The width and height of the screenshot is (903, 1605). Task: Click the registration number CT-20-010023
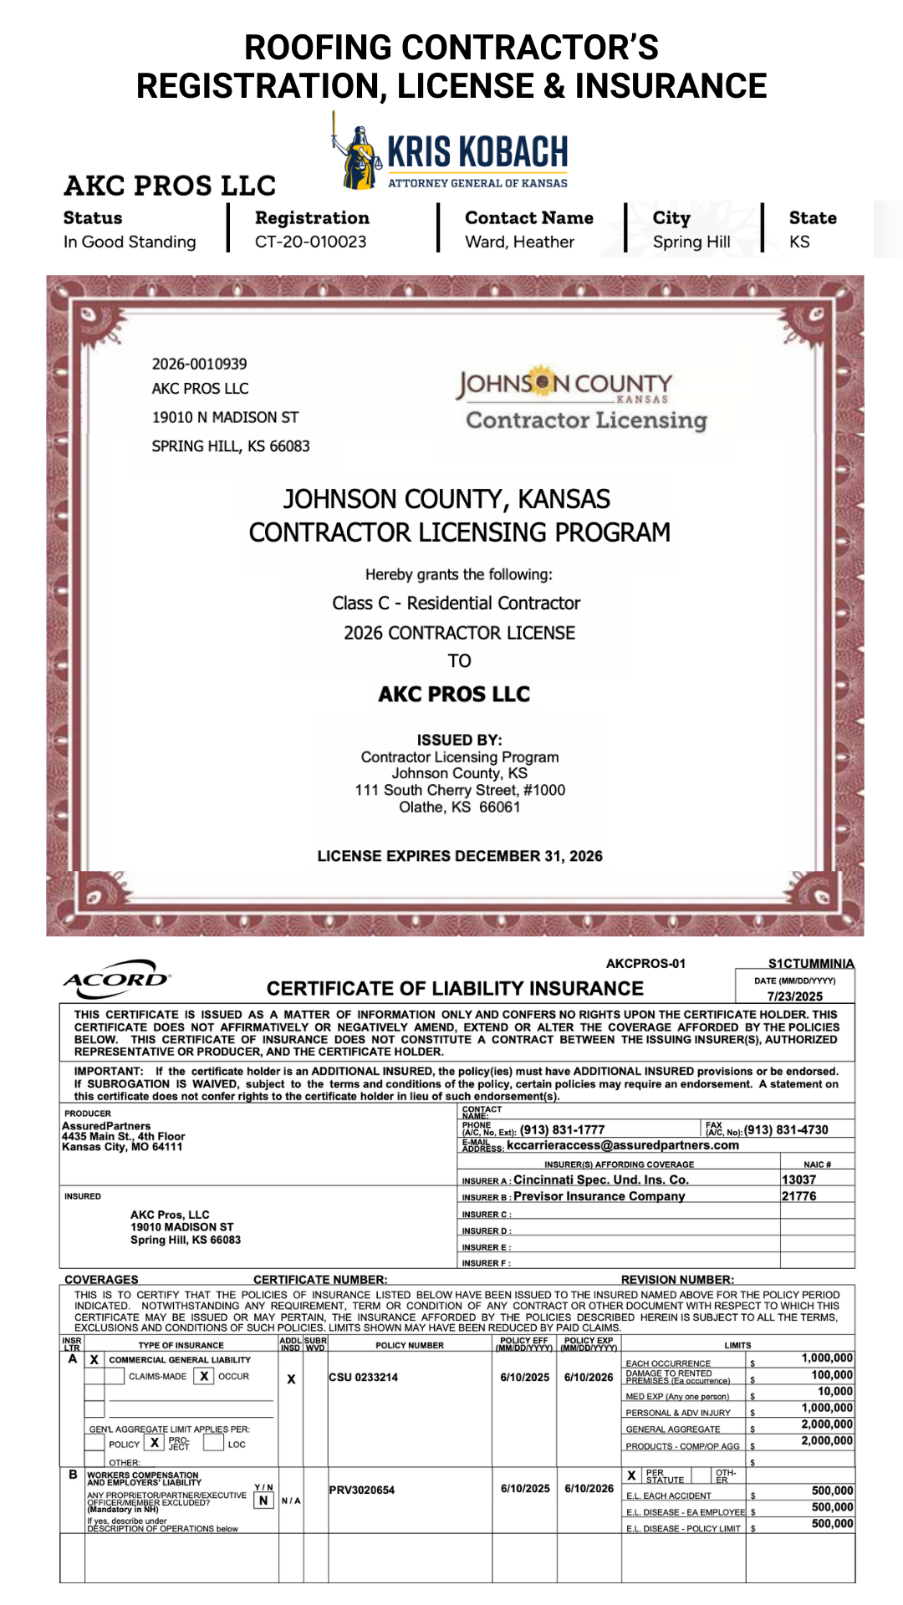(x=310, y=242)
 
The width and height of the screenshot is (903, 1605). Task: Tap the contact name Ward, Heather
(x=519, y=242)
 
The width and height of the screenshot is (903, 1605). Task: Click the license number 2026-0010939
(x=199, y=364)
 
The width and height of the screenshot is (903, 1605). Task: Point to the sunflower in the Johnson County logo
(x=543, y=383)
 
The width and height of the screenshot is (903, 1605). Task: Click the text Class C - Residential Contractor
(x=456, y=603)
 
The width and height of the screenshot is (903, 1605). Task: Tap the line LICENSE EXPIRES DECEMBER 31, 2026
(x=460, y=856)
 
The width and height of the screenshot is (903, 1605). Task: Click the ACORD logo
(x=116, y=979)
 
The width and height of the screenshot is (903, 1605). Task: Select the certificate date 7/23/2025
(x=794, y=996)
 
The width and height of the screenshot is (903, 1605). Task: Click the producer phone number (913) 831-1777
(x=562, y=1129)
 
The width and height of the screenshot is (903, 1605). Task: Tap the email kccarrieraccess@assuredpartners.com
(x=622, y=1145)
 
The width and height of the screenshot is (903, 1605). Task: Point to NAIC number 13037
(x=798, y=1180)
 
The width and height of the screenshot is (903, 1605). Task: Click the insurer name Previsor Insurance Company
(x=599, y=1196)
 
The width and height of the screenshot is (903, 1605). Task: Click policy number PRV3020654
(x=361, y=1490)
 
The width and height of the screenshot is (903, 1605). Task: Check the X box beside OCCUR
(x=204, y=1376)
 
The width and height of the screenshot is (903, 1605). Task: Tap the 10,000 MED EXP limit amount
(x=834, y=1392)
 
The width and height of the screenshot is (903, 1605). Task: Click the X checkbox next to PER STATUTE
(x=632, y=1475)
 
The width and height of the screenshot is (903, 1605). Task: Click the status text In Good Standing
(x=130, y=242)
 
